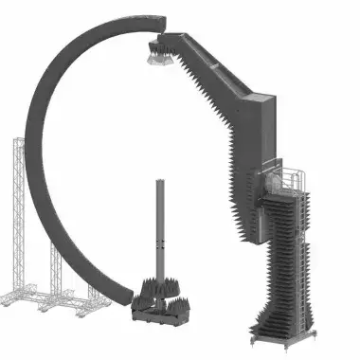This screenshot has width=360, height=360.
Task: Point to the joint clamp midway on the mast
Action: (x=160, y=250)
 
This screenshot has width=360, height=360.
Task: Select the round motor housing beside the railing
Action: (x=276, y=181)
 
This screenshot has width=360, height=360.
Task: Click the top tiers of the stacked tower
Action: (x=289, y=204)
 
